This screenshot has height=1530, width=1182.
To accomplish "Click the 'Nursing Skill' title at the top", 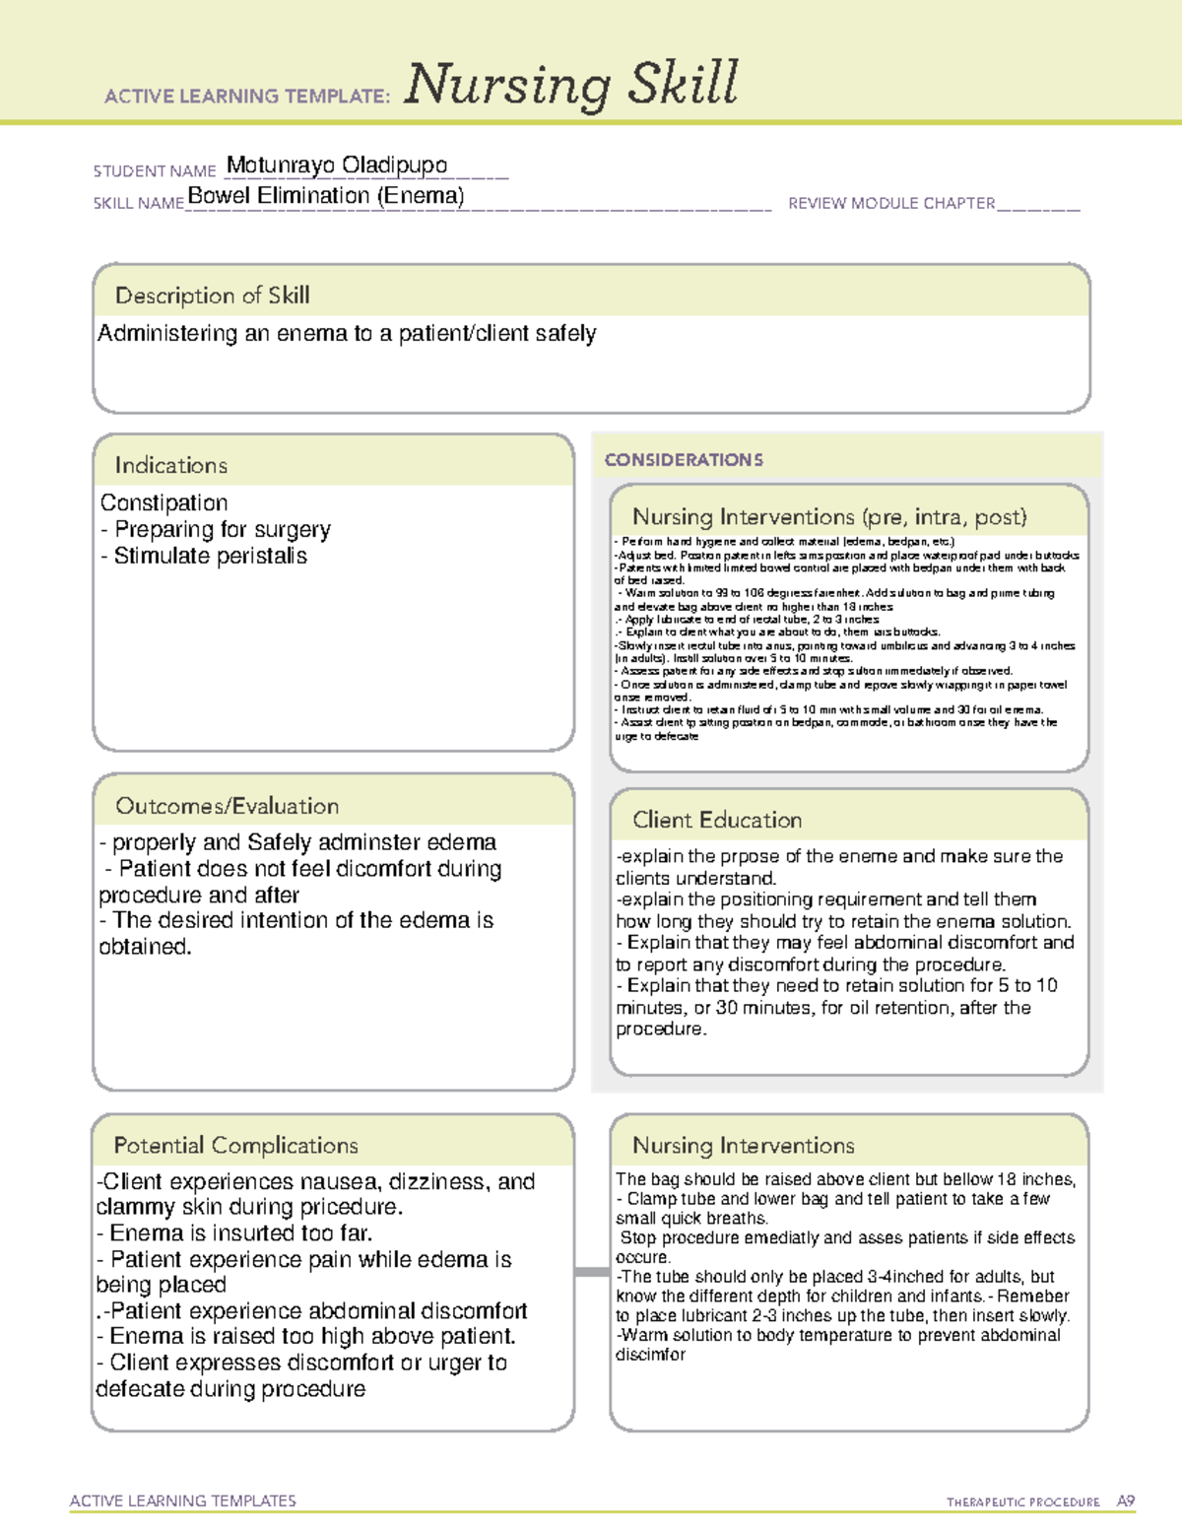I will [x=571, y=85].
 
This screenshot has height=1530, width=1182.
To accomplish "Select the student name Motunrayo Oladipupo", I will [x=337, y=166].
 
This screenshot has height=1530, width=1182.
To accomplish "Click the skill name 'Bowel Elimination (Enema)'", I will [x=326, y=196].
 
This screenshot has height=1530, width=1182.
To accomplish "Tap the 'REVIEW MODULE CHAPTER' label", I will [x=891, y=204].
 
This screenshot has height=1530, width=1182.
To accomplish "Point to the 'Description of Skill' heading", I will [x=213, y=296].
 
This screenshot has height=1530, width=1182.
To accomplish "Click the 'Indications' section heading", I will [x=171, y=465].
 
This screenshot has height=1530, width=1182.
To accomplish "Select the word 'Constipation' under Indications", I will [x=164, y=503].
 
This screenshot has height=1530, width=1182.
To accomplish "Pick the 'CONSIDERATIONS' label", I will [x=684, y=460].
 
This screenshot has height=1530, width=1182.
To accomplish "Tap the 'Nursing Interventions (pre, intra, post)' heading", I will [x=829, y=517].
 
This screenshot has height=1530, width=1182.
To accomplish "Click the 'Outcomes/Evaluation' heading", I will [x=228, y=806].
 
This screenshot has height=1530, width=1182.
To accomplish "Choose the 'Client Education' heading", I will [x=717, y=820].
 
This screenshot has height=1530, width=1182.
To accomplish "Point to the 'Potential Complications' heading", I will [x=236, y=1146].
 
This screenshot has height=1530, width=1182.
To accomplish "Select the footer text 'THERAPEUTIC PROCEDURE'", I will [x=1023, y=1502].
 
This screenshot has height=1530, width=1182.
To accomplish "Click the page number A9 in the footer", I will [x=1126, y=1501].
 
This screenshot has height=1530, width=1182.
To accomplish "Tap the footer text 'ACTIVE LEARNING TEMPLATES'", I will [x=183, y=1500].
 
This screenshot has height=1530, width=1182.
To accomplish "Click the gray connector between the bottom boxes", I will [x=592, y=1272].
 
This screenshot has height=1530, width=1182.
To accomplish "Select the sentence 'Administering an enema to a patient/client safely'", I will [x=347, y=334].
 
